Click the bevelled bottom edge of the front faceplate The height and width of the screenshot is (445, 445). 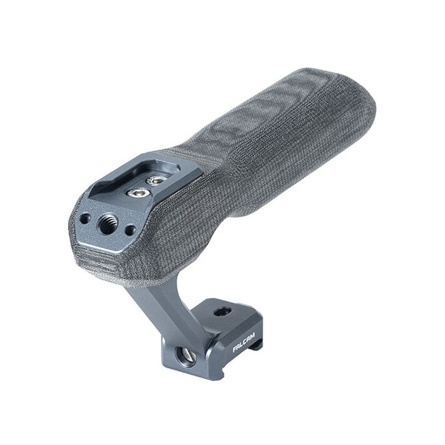(108, 245)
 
